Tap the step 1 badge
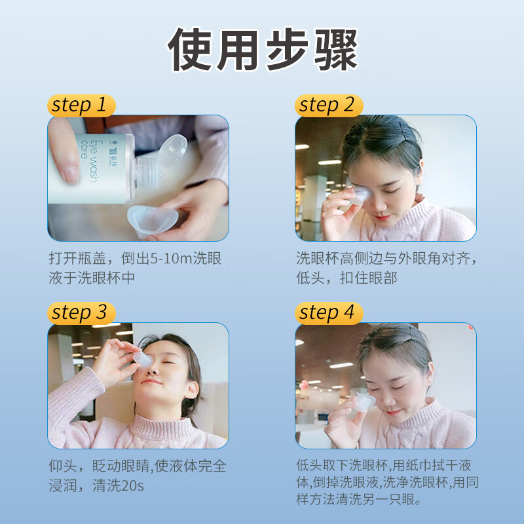click(80, 105)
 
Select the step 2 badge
click(327, 105)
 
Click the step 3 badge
click(80, 312)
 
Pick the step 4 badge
click(327, 312)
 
